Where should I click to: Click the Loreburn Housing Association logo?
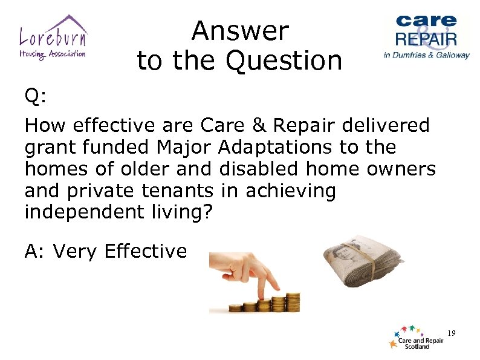[x=53, y=37]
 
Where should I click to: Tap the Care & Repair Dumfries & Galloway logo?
[x=426, y=36]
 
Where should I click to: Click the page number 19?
[x=451, y=333]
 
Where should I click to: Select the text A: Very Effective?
[x=106, y=251]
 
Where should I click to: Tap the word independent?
[x=77, y=212]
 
